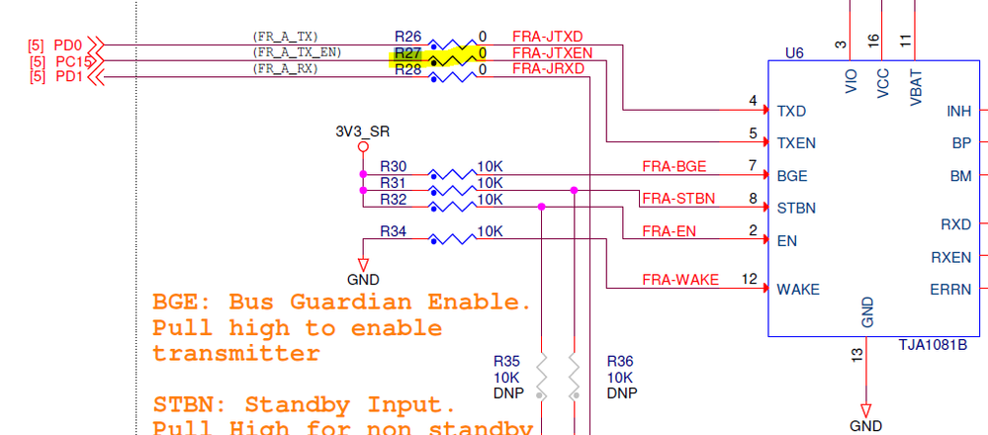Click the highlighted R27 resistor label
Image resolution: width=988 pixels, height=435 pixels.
point(408,53)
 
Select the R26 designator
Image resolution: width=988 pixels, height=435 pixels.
point(407,37)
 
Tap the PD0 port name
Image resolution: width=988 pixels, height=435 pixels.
point(68,44)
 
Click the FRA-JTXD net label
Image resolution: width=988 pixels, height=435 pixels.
point(547,37)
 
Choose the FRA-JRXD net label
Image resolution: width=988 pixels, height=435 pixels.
point(548,68)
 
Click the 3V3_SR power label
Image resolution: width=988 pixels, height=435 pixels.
point(363,131)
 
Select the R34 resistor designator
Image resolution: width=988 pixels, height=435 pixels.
point(394,231)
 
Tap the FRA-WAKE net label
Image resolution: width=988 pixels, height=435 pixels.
point(680,279)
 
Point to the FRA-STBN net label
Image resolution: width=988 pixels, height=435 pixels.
point(677,199)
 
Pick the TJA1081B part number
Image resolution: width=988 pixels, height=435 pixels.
point(932,346)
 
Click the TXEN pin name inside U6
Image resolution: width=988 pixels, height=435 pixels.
point(797,142)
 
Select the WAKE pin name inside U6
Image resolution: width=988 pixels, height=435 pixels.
point(798,290)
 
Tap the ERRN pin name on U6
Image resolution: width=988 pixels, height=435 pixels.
point(950,290)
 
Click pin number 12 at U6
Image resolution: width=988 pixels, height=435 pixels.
point(749,279)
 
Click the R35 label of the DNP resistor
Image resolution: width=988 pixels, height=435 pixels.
point(507,361)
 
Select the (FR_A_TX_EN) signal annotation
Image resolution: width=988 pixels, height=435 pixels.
point(297,52)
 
